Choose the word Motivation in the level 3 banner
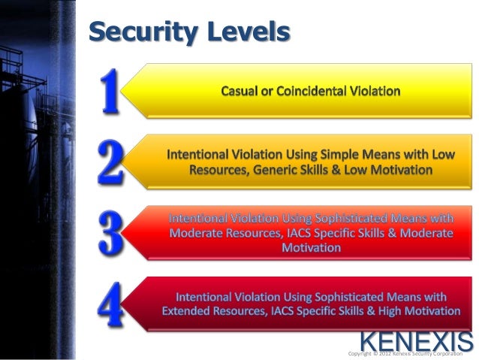coord(311,247)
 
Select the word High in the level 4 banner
coord(389,310)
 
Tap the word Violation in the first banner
coord(376,91)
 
